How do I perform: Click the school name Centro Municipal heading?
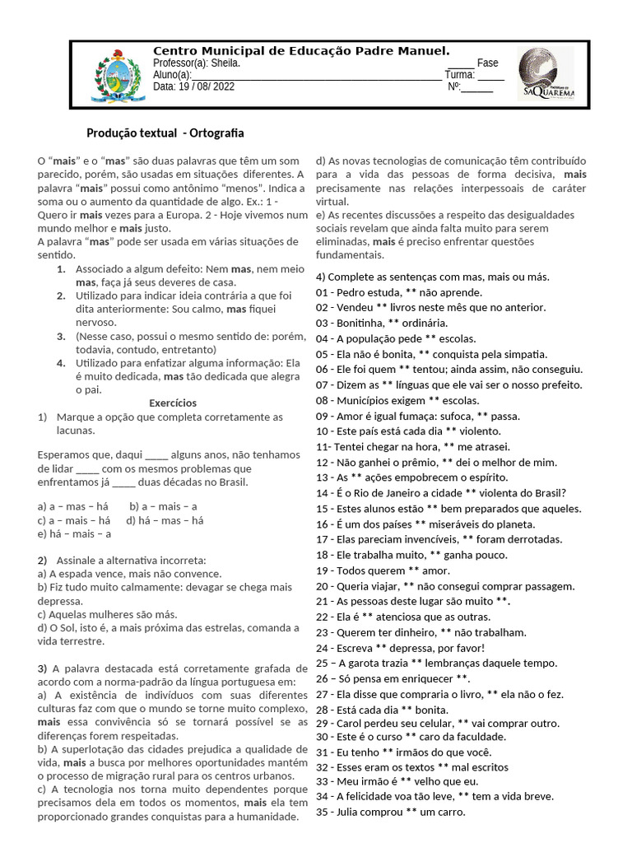301,51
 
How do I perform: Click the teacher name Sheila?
226,63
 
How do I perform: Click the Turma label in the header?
460,75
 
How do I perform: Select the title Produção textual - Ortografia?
165,133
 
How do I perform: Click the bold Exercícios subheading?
173,403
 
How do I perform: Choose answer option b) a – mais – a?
164,506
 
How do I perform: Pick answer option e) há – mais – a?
74,533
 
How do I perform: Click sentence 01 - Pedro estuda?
399,292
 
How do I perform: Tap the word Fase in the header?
487,63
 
